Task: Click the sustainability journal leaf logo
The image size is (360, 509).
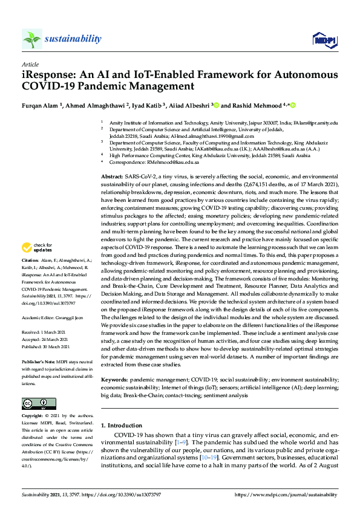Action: point(32,39)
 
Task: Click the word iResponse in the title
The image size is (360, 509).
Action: point(46,76)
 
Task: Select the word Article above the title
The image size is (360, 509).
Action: point(30,64)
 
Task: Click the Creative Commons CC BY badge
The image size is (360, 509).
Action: point(39,404)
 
